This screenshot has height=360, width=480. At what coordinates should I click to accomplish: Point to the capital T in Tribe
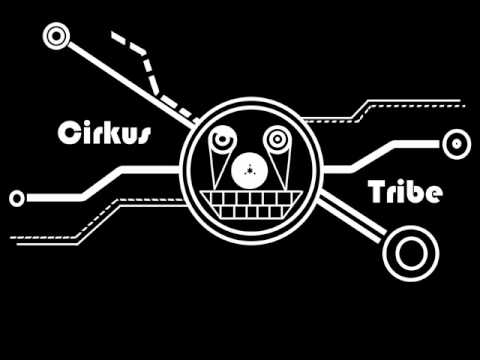coord(377,191)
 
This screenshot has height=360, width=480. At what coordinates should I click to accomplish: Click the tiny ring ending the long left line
coord(16,198)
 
